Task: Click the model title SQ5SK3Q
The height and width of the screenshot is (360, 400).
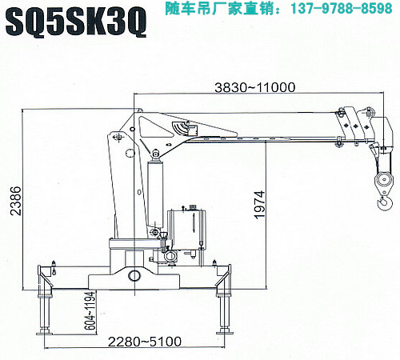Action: (x=76, y=22)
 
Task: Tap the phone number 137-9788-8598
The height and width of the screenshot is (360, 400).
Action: (x=342, y=8)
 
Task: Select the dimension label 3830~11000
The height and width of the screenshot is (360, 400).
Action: (x=255, y=87)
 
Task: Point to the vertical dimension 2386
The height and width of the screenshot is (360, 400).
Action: (x=15, y=201)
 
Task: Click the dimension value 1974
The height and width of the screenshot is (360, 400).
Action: (x=260, y=205)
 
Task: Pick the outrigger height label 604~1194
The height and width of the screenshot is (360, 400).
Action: (x=91, y=311)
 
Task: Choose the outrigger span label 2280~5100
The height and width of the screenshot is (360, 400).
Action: (x=145, y=342)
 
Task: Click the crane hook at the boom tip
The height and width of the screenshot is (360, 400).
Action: (x=385, y=202)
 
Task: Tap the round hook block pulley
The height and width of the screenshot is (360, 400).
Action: (x=384, y=179)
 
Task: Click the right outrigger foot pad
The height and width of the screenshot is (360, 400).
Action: (x=224, y=331)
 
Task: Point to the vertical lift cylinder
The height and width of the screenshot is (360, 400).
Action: (x=155, y=194)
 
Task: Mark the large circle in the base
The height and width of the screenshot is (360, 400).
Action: (x=134, y=275)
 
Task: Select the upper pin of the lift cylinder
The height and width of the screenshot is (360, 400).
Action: (x=155, y=154)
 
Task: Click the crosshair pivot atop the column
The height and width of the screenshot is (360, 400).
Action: (x=117, y=137)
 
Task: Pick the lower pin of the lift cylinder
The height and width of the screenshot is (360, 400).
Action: (x=154, y=232)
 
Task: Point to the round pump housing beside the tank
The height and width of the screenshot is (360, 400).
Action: (x=170, y=257)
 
